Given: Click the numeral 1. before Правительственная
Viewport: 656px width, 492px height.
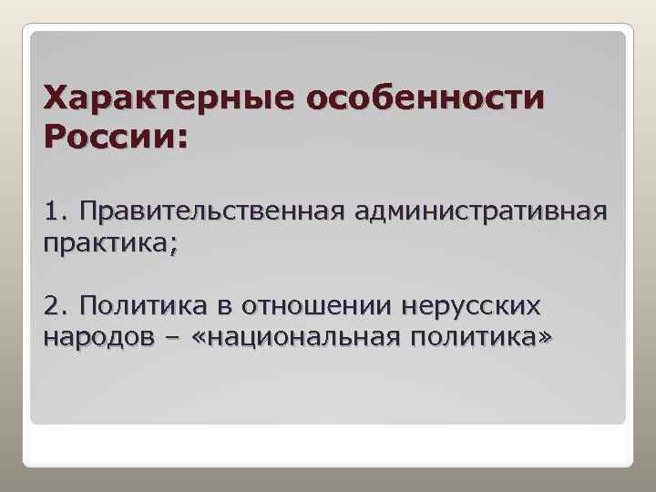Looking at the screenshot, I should (56, 213).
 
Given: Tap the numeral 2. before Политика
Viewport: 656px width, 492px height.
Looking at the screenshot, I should (56, 304).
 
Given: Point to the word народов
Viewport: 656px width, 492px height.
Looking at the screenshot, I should (94, 337).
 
